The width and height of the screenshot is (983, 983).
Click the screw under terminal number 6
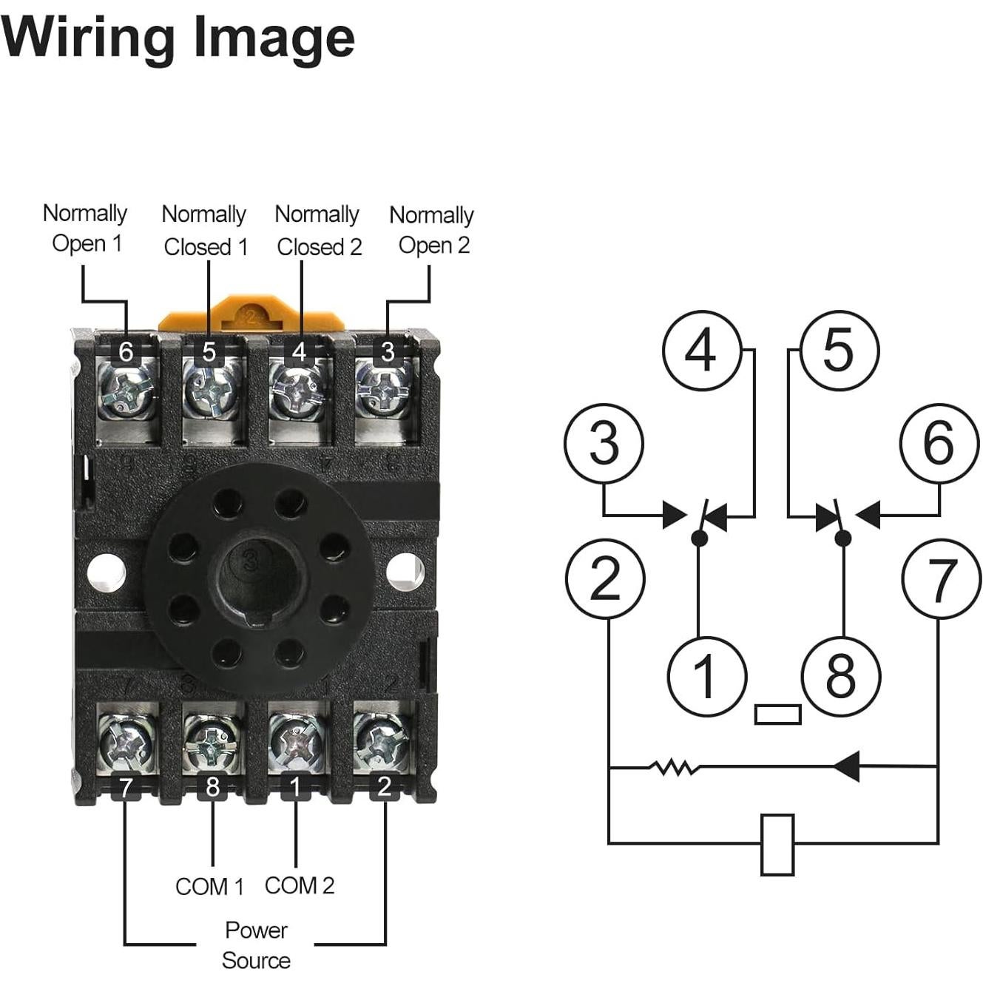(x=127, y=391)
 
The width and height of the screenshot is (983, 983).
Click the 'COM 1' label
(x=209, y=886)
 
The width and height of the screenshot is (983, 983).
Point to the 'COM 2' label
(x=300, y=885)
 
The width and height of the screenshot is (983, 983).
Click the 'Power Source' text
(x=256, y=945)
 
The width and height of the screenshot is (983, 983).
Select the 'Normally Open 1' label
(x=86, y=228)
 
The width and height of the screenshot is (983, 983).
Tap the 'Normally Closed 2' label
(x=318, y=230)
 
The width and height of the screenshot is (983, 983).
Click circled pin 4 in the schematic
(x=701, y=350)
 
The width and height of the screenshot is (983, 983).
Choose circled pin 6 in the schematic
(x=939, y=443)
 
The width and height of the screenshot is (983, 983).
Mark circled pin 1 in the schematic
(x=706, y=676)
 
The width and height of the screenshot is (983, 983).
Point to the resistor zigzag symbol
(x=674, y=768)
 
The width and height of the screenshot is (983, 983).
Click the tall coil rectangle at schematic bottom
(x=777, y=845)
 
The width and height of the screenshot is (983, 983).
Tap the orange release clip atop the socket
(x=251, y=315)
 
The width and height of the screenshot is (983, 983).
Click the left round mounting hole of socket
(x=107, y=572)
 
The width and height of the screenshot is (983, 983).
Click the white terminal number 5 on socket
(x=210, y=351)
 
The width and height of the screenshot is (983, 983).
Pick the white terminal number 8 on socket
(x=213, y=787)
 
